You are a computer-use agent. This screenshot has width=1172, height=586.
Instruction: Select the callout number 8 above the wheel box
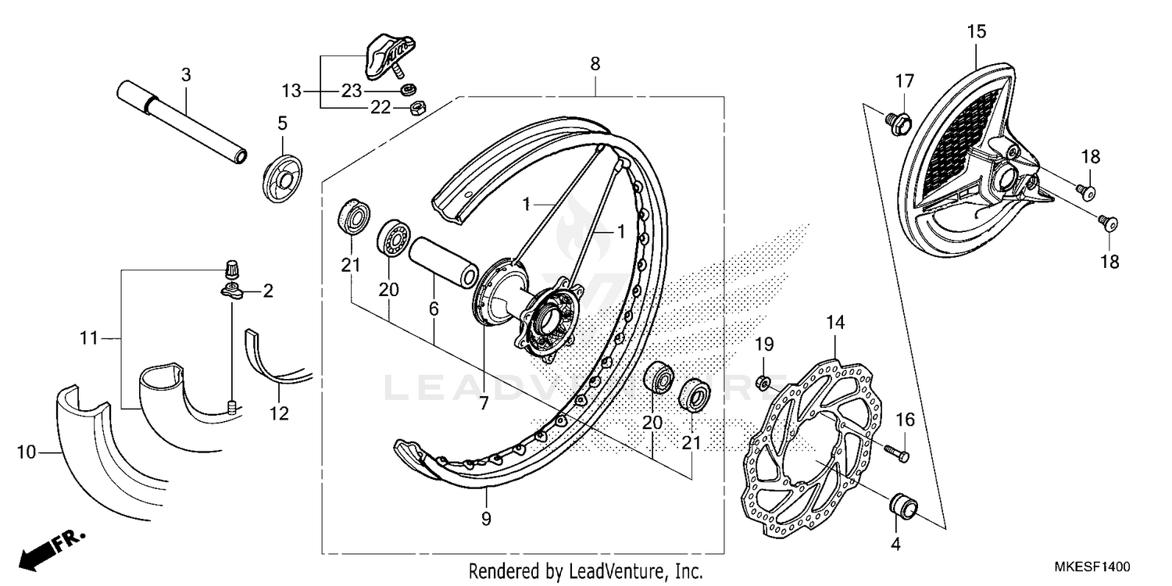(595, 64)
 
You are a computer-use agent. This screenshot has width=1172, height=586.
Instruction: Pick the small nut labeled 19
(764, 382)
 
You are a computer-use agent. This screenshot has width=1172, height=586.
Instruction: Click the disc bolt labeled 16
(897, 451)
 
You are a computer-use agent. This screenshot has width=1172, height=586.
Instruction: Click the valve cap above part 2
(230, 270)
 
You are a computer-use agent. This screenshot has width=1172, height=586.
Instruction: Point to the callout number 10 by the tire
(27, 451)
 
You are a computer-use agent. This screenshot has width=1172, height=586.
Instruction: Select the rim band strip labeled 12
(273, 363)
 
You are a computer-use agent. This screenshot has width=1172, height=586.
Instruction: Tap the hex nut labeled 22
(417, 105)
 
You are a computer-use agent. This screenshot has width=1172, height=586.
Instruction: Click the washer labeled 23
(407, 90)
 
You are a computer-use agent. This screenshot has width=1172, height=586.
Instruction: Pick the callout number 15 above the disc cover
(976, 32)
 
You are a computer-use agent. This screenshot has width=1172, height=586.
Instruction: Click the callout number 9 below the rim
(486, 518)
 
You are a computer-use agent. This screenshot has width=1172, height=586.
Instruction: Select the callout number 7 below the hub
(484, 403)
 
